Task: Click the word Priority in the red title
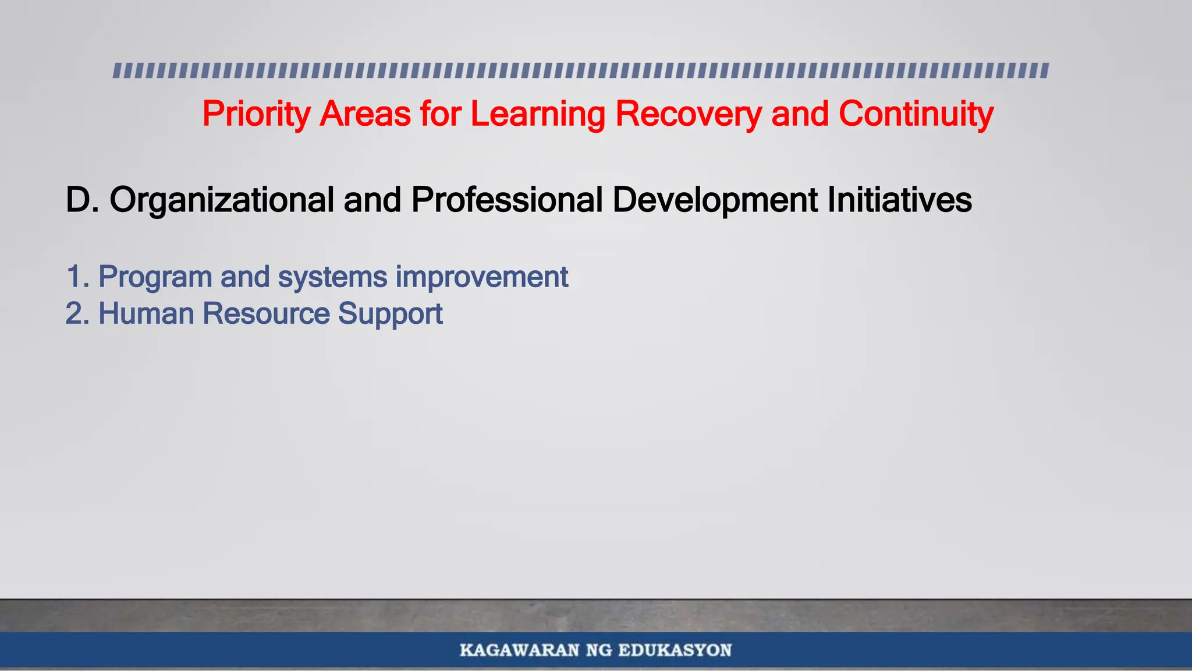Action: pos(256,114)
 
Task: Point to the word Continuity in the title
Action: pos(916,114)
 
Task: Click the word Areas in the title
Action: pos(365,114)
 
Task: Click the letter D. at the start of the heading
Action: pos(82,200)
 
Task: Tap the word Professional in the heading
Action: pos(506,200)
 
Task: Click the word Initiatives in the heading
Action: pos(899,200)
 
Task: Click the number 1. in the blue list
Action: pos(77,277)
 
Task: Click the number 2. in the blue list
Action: pos(77,314)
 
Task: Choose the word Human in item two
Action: pos(146,314)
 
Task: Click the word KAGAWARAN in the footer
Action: pos(519,650)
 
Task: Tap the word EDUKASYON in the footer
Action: pos(675,650)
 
